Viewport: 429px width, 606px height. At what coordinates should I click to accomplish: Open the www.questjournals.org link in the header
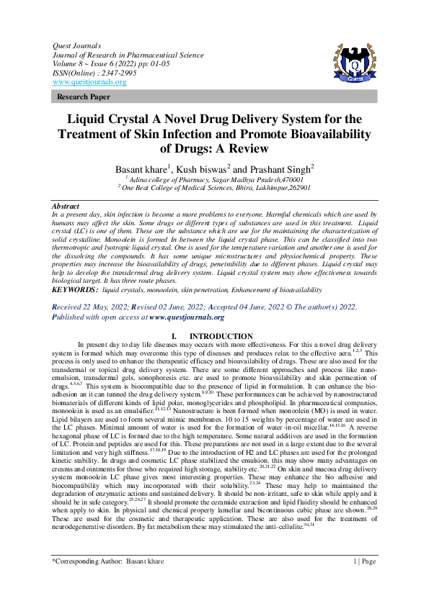pos(89,81)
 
